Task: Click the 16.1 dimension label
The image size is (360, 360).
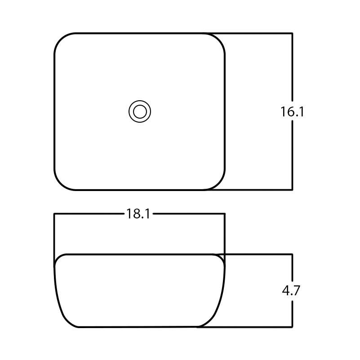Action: coord(292,112)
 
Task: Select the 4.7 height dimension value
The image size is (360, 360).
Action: coord(291,291)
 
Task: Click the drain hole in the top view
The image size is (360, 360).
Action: coord(140,111)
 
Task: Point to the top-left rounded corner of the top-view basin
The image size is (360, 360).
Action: coord(61,40)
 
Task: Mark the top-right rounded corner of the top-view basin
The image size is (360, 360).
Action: coord(218,40)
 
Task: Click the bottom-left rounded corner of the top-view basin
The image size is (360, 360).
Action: coord(61,183)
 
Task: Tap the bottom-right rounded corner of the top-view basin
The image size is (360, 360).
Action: coord(218,183)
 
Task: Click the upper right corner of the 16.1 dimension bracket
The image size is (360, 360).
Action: coord(293,33)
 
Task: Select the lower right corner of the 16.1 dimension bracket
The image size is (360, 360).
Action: coord(293,190)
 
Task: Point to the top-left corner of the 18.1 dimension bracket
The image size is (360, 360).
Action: coord(54,214)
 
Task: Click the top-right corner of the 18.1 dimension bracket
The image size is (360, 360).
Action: coord(224,214)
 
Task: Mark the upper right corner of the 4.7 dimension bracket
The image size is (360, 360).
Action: coord(293,254)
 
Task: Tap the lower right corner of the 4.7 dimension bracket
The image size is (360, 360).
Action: coord(293,327)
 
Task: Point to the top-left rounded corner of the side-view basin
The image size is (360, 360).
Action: coord(58,258)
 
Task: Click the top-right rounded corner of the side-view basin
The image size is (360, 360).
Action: coord(221,258)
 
